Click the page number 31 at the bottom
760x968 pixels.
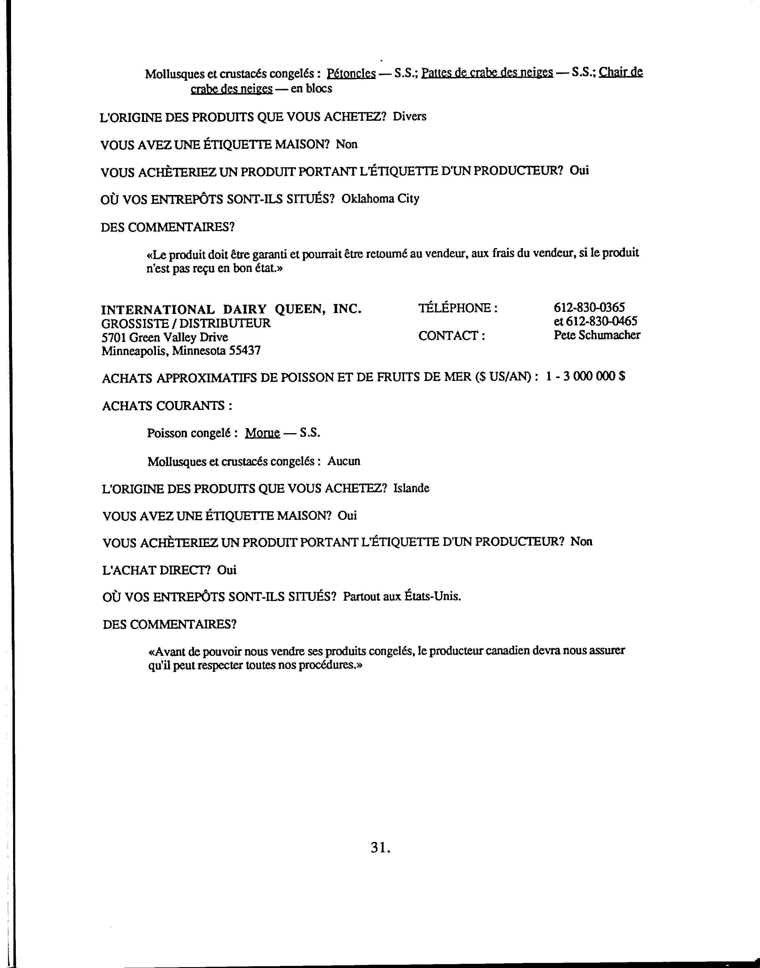(380, 848)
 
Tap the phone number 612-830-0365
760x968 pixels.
(589, 307)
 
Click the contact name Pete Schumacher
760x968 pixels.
(597, 335)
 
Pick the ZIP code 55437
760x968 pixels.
(245, 351)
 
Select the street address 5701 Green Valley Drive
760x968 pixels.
(165, 337)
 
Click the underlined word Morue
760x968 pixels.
(263, 433)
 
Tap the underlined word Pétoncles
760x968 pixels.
(351, 73)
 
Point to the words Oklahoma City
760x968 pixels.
(380, 199)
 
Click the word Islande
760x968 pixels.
(411, 488)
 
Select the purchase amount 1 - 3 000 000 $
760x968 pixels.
(585, 377)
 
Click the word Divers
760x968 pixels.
(410, 117)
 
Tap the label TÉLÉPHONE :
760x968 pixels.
(458, 308)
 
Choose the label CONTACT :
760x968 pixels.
(451, 336)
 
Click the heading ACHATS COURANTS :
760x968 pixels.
(167, 405)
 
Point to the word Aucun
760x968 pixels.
(344, 461)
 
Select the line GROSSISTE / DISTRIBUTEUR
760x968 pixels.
(186, 323)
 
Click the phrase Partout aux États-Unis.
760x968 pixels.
(402, 596)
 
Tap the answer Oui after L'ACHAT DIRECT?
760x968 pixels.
(227, 570)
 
